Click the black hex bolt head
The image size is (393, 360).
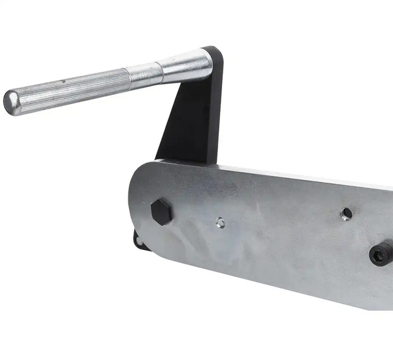tap(161, 211)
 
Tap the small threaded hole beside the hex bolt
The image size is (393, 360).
tap(221, 223)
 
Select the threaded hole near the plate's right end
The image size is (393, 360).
tap(346, 213)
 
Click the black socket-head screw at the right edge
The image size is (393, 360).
tap(381, 253)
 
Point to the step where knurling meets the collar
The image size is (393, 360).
tap(128, 77)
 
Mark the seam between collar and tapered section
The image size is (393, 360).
tap(159, 71)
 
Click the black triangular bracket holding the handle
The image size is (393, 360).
tap(190, 121)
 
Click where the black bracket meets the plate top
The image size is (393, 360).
tap(187, 160)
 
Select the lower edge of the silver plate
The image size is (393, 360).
tap(275, 283)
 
